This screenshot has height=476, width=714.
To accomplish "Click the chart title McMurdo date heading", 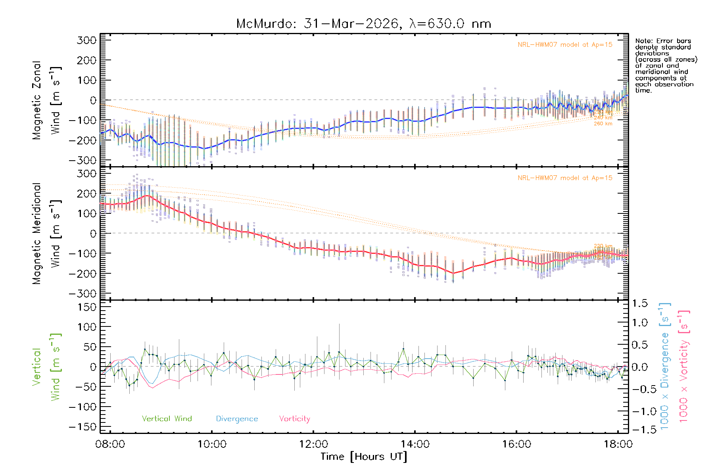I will click(363, 24).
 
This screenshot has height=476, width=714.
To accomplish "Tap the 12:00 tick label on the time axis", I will click(313, 444).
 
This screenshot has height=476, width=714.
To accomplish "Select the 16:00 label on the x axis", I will click(516, 444).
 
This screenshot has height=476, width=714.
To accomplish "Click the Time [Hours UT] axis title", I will click(364, 457).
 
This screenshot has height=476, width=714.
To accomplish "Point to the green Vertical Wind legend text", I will click(167, 419).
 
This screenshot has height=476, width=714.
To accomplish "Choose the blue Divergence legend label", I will click(237, 419).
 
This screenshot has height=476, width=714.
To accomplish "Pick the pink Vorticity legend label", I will click(294, 419).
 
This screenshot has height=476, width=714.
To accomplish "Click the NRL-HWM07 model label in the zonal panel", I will click(565, 45).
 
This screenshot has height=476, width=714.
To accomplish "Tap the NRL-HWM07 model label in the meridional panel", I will click(565, 178).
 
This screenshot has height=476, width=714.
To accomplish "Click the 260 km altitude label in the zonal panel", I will click(603, 124).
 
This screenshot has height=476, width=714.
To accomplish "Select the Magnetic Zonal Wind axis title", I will click(47, 100).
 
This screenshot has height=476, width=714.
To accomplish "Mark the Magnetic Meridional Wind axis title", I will click(47, 234).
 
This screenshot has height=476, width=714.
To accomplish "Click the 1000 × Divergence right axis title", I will click(664, 366).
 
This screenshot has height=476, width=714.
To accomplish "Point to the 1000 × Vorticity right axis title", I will click(683, 366).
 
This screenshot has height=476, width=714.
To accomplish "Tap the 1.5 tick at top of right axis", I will click(640, 303).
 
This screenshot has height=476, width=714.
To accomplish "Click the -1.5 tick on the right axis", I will click(639, 430).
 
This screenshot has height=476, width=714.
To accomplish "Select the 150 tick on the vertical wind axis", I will click(87, 307).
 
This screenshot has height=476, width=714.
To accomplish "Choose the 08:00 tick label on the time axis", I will click(110, 444).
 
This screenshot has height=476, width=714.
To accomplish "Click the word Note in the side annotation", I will click(643, 41).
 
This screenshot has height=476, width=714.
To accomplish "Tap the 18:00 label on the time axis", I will click(618, 444).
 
